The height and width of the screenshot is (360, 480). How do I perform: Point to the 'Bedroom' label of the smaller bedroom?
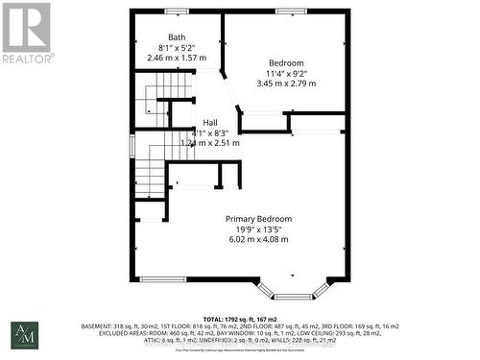click(x=285, y=62)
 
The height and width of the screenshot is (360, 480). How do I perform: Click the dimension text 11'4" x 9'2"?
click(x=285, y=73)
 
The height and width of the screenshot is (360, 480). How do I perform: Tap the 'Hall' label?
click(x=209, y=122)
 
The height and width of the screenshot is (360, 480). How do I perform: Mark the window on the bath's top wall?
click(x=177, y=12)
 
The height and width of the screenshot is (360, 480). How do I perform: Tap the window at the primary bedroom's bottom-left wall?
click(x=162, y=279)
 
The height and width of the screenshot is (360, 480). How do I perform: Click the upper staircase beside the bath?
click(x=154, y=104)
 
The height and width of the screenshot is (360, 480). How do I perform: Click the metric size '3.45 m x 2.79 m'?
click(x=285, y=84)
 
